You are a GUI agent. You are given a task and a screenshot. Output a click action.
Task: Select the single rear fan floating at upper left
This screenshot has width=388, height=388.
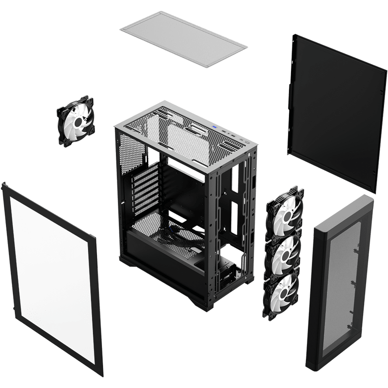(x=76, y=121)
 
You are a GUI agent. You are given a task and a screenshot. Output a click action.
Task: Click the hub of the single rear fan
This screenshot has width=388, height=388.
(x=76, y=121)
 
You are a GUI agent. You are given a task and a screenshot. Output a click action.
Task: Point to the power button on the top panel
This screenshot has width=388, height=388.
(x=247, y=143)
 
